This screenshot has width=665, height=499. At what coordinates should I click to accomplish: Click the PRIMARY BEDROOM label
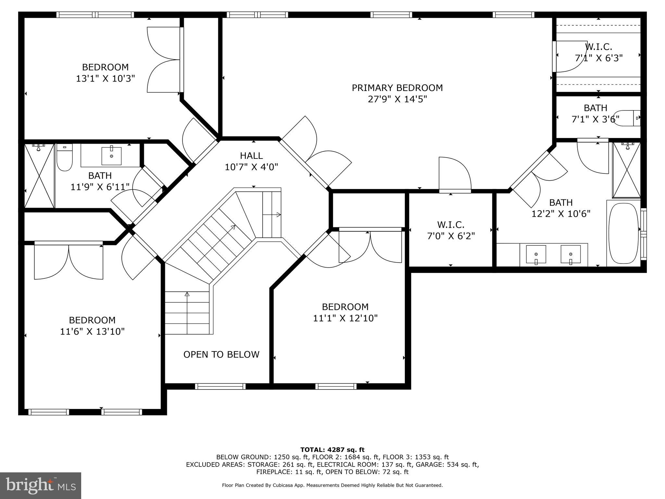point(397,88)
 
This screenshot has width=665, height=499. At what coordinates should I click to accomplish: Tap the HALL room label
point(251,156)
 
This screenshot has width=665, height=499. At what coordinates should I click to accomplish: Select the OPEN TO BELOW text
point(221,354)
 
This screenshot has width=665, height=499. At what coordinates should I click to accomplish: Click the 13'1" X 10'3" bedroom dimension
point(105,79)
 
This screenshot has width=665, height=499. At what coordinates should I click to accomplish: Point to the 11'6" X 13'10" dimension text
point(92,332)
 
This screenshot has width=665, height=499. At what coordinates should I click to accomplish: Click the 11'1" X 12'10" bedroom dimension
point(345,318)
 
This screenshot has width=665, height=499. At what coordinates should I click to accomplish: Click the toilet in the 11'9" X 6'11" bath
point(65,158)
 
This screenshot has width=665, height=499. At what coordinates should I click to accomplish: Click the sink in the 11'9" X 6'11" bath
point(111,156)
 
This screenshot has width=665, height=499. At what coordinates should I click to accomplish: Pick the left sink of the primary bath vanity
point(536,254)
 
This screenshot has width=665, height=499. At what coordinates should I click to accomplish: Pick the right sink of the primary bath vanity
point(571,254)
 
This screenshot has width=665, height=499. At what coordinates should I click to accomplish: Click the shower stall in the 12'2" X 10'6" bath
point(626,170)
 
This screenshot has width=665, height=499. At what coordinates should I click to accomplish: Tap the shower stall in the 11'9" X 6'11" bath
point(39,176)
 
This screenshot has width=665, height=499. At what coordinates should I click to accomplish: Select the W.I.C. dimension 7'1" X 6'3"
point(598,58)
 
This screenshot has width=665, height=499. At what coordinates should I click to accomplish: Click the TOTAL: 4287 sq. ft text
point(332,450)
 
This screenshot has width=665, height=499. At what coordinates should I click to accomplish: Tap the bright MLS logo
point(41,485)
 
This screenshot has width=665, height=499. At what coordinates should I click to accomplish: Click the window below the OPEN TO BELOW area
point(220,386)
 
